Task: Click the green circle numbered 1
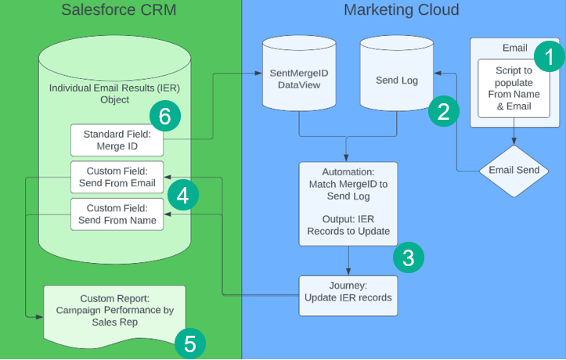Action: click(548, 56)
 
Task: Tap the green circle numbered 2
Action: click(443, 111)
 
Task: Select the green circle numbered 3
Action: click(408, 256)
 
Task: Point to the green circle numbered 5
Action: click(189, 342)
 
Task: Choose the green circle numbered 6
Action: click(164, 117)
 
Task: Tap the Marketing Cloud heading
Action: click(402, 10)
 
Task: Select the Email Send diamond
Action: click(514, 170)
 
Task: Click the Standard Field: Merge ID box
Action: click(117, 139)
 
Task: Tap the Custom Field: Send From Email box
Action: click(117, 177)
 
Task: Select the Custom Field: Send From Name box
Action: click(117, 214)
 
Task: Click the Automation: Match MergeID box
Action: click(348, 203)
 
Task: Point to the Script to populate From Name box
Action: click(514, 88)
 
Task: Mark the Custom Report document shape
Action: click(114, 311)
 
